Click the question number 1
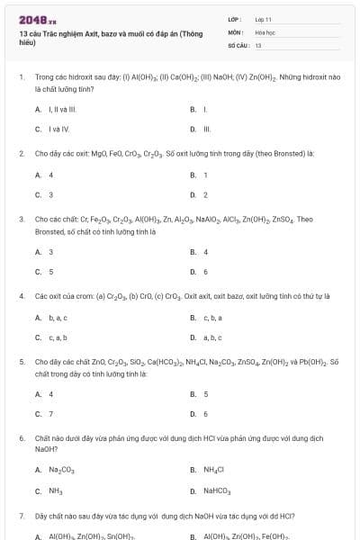[x=21, y=77]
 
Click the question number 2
[x=21, y=154]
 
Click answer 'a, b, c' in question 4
[x=212, y=337]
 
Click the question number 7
[x=21, y=517]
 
